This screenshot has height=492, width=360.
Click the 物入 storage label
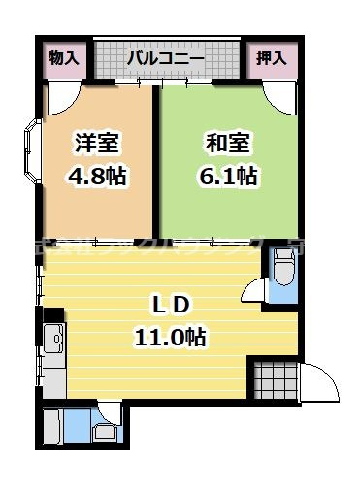click(x=64, y=58)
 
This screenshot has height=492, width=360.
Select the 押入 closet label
click(x=271, y=58)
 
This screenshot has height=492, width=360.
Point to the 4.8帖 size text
click(x=98, y=178)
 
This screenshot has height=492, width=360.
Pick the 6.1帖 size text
click(x=229, y=178)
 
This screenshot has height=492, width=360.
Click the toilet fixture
click(x=282, y=268)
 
